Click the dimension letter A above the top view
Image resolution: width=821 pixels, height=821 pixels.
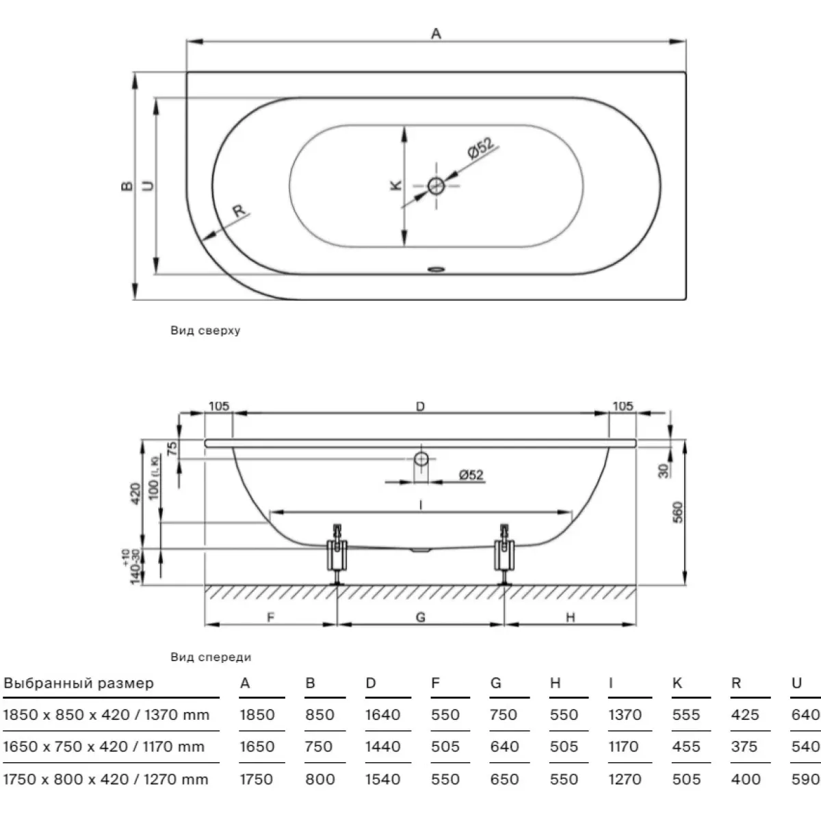[x=436, y=34]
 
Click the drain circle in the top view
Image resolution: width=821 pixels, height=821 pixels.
[x=436, y=186]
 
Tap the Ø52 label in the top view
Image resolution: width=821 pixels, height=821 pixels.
[x=480, y=148]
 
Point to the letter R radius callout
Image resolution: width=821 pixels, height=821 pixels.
[x=239, y=211]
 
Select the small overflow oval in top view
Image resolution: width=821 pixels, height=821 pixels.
[x=436, y=270]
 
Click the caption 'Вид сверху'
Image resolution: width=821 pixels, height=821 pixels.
[x=205, y=330]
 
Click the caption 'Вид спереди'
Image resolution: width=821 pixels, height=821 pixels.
[x=211, y=657]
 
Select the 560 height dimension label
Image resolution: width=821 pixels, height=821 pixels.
[x=677, y=512]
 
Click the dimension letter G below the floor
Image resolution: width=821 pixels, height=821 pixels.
[x=421, y=617]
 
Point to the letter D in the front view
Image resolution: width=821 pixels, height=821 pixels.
[x=420, y=406]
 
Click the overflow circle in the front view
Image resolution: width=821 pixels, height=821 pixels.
[x=421, y=459]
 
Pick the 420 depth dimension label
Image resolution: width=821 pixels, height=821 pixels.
[x=135, y=493]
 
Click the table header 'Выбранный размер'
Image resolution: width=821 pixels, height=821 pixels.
[x=79, y=683]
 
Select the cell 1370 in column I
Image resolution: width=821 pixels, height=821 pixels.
[x=625, y=714]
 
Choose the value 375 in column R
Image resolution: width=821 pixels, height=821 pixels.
[x=744, y=746]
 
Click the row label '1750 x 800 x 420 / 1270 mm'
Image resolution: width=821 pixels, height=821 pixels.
[x=105, y=779]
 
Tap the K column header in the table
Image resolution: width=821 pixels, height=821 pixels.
[x=677, y=683]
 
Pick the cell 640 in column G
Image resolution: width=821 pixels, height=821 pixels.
[x=504, y=746]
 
